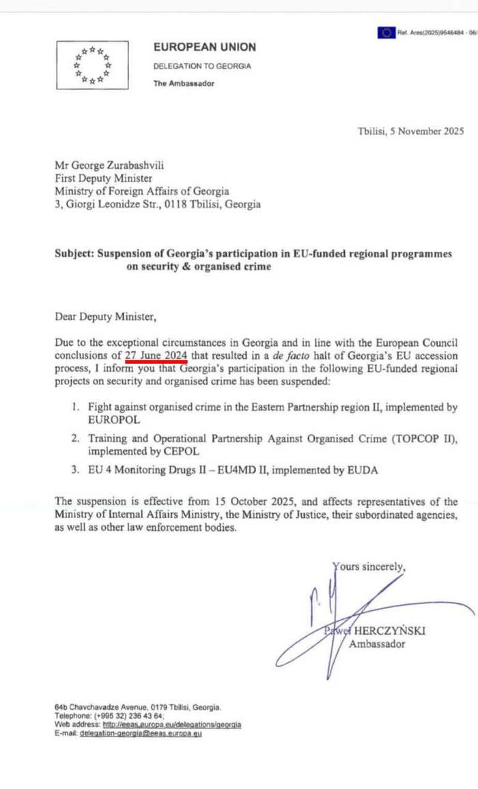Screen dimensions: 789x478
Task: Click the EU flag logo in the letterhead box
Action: tap(92, 65)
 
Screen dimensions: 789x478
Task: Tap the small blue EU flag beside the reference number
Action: tap(386, 32)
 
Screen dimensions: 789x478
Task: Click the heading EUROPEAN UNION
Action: tap(205, 47)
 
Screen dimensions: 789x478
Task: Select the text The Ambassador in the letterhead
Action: tap(184, 84)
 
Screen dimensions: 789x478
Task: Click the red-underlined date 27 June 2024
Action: tap(156, 355)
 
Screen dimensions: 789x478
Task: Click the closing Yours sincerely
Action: tap(369, 566)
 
